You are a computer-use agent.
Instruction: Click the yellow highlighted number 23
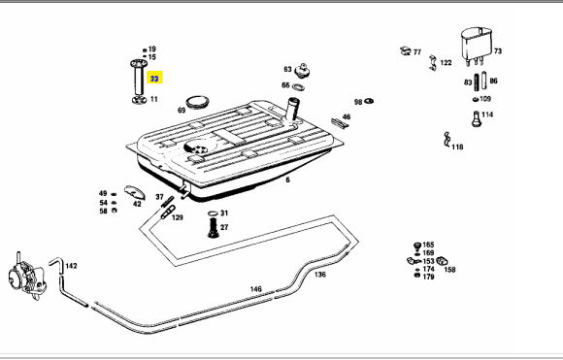pyautogui.click(x=154, y=79)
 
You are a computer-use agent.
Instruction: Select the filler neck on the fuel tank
pyautogui.click(x=291, y=109)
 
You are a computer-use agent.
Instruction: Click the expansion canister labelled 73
pyautogui.click(x=477, y=45)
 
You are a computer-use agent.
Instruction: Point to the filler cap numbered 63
pyautogui.click(x=303, y=70)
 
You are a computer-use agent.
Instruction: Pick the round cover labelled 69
pyautogui.click(x=197, y=102)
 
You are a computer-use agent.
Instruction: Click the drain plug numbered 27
pyautogui.click(x=213, y=228)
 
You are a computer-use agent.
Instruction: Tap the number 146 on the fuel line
pyautogui.click(x=255, y=289)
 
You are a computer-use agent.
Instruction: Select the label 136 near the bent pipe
pyautogui.click(x=320, y=275)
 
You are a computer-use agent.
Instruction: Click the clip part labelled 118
pyautogui.click(x=447, y=139)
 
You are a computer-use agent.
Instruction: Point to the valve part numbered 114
pyautogui.click(x=476, y=118)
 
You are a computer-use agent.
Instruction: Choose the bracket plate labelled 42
pyautogui.click(x=134, y=192)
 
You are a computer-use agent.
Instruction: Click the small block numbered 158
pyautogui.click(x=442, y=260)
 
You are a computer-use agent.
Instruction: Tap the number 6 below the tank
pyautogui.click(x=287, y=180)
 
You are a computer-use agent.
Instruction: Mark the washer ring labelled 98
pyautogui.click(x=369, y=101)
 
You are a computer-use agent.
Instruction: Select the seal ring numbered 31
pyautogui.click(x=213, y=213)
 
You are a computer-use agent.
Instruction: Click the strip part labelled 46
pyautogui.click(x=340, y=124)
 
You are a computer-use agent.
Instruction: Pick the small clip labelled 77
pyautogui.click(x=406, y=51)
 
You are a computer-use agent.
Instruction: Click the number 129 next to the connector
pyautogui.click(x=177, y=217)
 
